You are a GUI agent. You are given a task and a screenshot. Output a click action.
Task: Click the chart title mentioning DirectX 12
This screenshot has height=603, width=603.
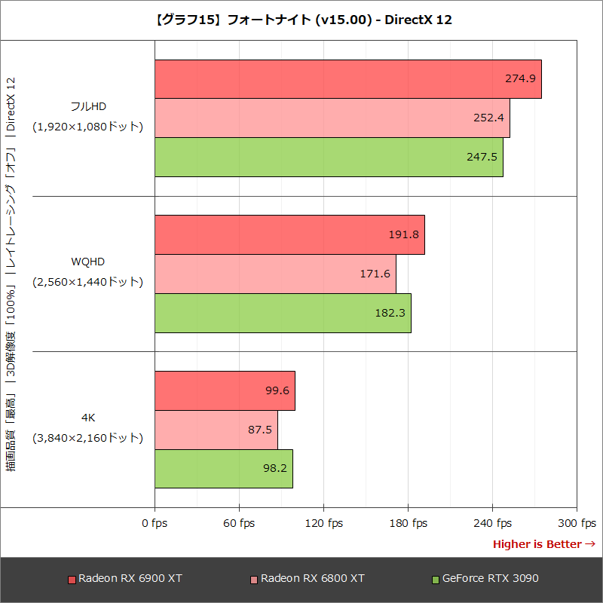[301, 20]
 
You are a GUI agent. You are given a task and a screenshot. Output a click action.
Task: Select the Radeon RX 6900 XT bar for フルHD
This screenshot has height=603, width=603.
[347, 78]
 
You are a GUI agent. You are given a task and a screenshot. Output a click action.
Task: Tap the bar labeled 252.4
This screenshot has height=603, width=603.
[332, 118]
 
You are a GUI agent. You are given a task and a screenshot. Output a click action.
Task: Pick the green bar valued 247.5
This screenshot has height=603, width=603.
[329, 157]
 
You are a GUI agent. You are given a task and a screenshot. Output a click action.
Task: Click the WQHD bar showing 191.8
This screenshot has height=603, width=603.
[289, 234]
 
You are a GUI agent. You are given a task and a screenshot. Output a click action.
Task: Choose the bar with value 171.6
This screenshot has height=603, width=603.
[275, 274]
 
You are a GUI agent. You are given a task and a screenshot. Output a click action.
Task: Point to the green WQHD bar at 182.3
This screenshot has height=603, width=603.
[283, 313]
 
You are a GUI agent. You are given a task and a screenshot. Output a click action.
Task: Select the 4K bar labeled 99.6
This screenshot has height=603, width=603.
[225, 390]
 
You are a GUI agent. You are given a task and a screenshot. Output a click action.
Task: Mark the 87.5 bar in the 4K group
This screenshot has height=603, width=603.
[216, 430]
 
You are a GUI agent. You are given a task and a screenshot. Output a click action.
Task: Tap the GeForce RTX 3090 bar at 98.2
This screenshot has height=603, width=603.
[224, 469]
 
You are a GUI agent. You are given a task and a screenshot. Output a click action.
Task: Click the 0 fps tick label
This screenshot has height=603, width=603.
[155, 523]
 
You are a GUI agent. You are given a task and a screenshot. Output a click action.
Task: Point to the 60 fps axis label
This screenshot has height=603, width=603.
[239, 523]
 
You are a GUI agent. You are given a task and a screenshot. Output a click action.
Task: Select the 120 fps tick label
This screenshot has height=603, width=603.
[323, 523]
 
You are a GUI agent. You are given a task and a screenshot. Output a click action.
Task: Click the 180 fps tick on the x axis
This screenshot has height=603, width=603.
[408, 523]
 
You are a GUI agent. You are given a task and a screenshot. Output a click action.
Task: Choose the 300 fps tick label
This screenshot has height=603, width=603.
[577, 523]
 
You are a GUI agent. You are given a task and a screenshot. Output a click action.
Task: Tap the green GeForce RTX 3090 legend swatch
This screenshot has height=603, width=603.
[435, 580]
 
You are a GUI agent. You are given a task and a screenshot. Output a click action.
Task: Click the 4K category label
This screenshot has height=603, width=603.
[87, 417]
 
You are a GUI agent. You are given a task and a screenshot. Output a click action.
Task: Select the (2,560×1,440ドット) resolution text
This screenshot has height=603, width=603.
[87, 282]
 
